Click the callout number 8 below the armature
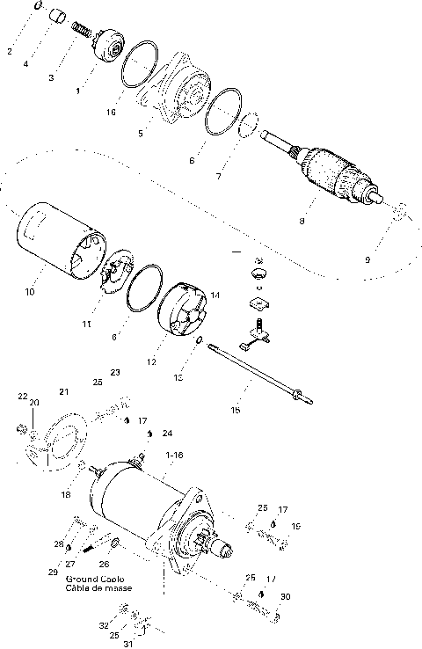(302, 221)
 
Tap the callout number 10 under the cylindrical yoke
(31, 291)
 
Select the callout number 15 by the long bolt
(234, 409)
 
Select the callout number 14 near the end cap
(215, 295)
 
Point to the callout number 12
(151, 361)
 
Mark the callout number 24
(167, 433)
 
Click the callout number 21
(63, 390)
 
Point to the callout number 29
(55, 572)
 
